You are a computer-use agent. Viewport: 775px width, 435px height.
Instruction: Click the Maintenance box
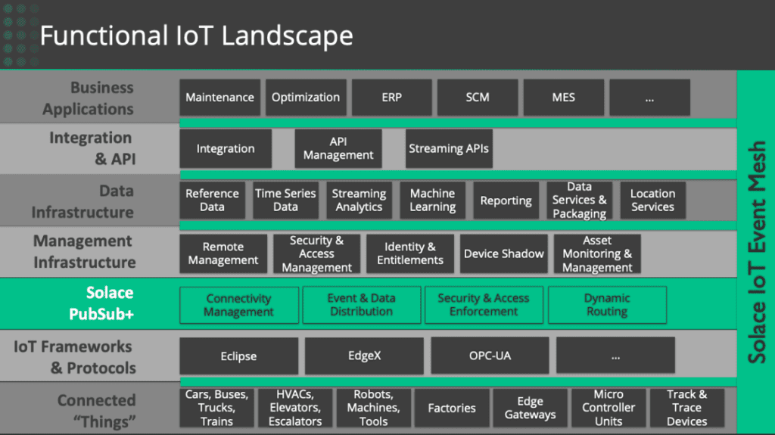pos(219,98)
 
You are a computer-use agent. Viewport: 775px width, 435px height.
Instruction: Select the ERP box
pos(391,98)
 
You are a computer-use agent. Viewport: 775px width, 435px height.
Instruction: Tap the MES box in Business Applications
pos(563,98)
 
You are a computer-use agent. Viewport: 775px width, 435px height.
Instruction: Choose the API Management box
pos(338,148)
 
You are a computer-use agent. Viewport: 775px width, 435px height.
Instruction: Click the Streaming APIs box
pos(449,148)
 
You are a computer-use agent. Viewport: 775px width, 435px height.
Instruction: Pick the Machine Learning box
pos(432,200)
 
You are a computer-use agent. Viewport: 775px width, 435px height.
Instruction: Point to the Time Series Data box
pos(285,200)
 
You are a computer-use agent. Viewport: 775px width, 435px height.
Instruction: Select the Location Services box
pos(652,200)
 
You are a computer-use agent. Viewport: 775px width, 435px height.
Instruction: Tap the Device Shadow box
pos(503,253)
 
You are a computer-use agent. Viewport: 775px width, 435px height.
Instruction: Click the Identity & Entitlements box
pos(409,253)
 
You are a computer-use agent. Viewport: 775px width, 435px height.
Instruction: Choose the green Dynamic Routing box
pos(607,305)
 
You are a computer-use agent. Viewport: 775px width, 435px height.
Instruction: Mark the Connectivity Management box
pos(238,305)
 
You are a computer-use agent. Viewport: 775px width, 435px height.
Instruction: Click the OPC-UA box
pos(490,356)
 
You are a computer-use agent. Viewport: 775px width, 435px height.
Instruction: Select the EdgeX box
pos(364,356)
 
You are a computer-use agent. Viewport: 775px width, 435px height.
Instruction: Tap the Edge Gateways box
pos(530,408)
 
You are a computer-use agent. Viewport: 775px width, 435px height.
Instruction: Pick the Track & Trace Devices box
pos(686,408)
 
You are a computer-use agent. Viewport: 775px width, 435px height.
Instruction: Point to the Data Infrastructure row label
pos(82,201)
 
